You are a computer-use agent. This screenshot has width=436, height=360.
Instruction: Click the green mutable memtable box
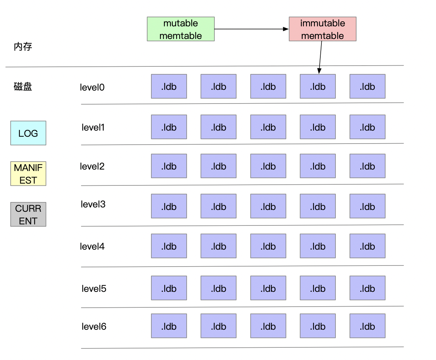(x=181, y=29)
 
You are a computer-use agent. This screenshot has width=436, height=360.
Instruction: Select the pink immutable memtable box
(x=322, y=29)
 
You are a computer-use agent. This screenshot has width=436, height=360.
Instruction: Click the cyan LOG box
(x=28, y=133)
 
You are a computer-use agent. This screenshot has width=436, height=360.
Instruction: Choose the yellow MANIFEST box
(x=28, y=174)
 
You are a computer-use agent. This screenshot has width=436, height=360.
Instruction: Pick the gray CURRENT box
(x=28, y=214)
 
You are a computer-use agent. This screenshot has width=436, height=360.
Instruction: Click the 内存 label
(x=23, y=47)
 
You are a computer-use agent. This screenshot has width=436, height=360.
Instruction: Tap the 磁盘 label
(x=23, y=87)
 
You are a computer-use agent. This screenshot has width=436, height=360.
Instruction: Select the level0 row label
(x=92, y=87)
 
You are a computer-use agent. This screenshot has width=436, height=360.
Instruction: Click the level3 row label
(x=93, y=204)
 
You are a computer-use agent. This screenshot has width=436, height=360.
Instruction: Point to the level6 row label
(x=94, y=326)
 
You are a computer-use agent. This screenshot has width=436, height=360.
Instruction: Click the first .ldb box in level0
(x=169, y=86)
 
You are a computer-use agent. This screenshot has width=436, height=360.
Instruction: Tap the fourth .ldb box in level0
(x=318, y=86)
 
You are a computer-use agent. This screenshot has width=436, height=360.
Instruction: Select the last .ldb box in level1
(x=367, y=127)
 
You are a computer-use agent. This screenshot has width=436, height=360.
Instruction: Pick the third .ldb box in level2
(x=268, y=166)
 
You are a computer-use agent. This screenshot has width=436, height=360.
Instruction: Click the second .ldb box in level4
(x=218, y=246)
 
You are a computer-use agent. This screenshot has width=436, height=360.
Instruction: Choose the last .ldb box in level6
(x=367, y=326)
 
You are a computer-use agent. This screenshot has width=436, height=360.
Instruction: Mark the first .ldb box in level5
(x=169, y=288)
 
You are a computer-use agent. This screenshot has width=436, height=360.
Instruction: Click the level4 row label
(x=92, y=246)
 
